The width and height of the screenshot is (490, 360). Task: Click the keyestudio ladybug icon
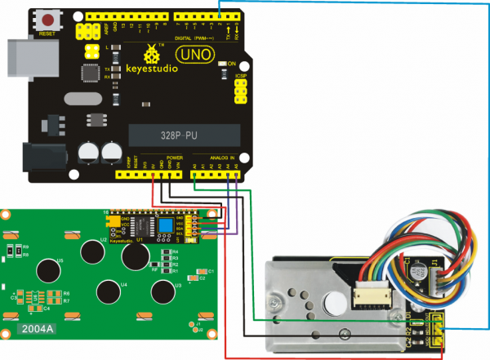[x=151, y=54]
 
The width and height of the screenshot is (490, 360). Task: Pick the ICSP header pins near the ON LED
[x=241, y=92]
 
